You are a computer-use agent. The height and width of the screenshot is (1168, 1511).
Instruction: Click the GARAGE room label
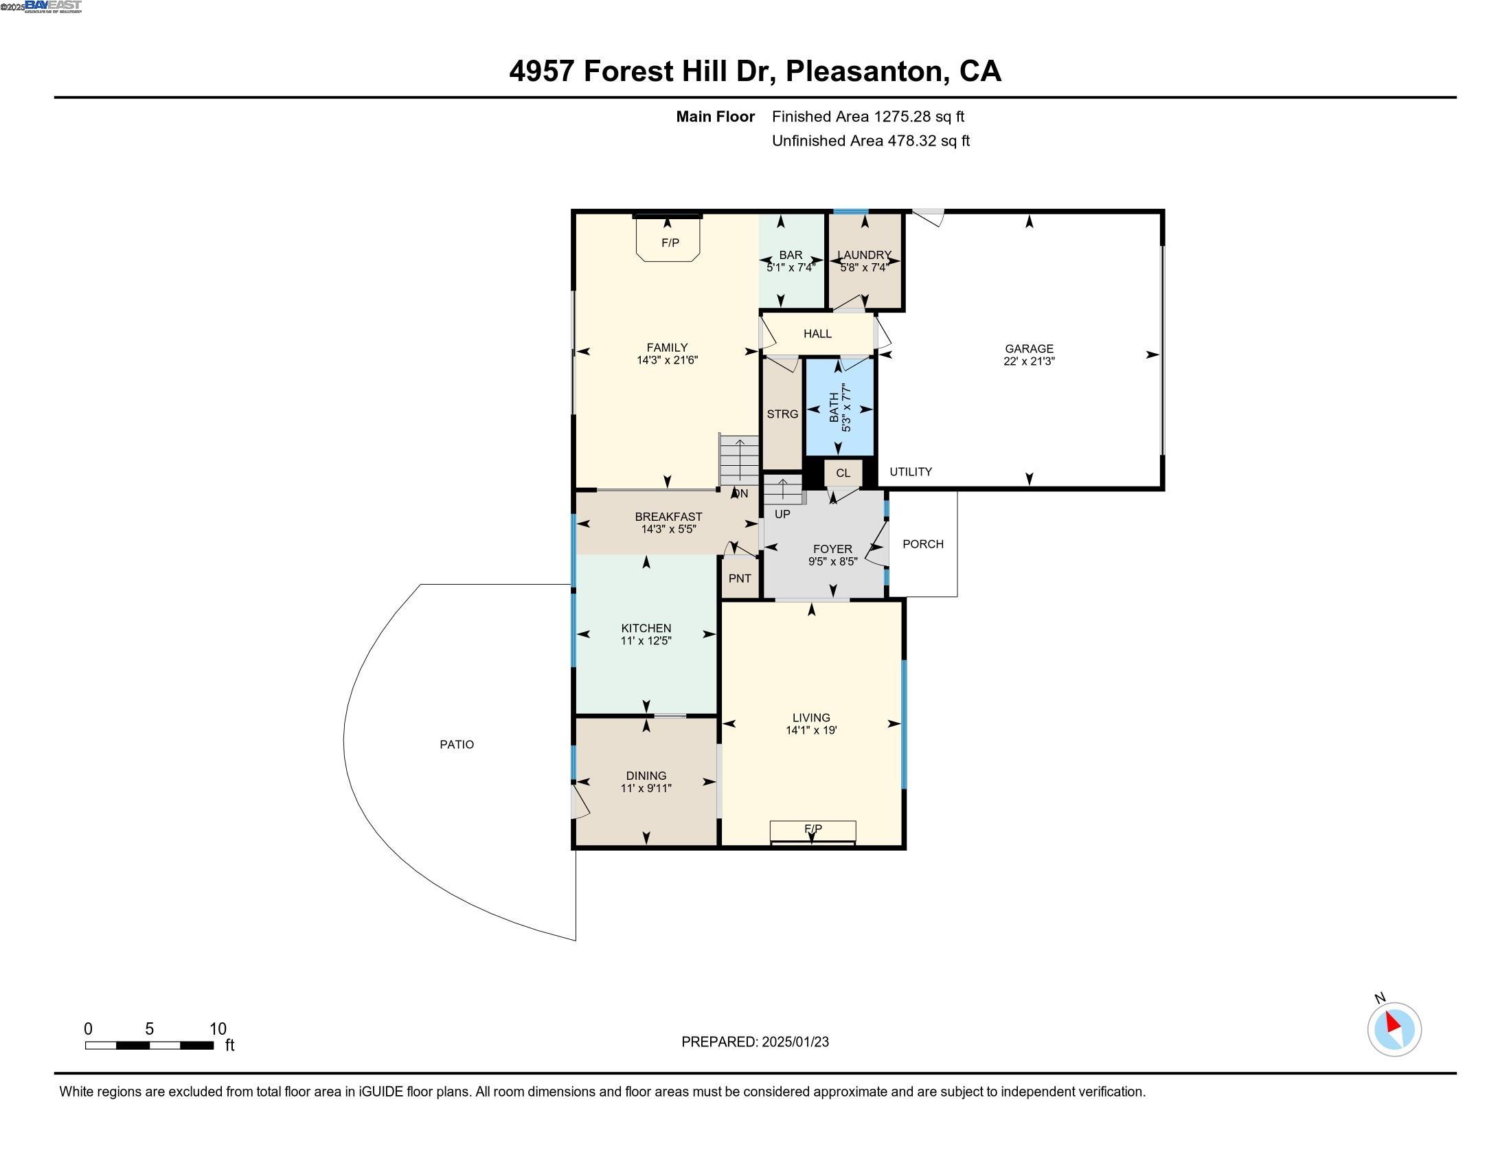[x=1029, y=349]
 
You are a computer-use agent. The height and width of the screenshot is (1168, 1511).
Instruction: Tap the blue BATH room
[x=839, y=408]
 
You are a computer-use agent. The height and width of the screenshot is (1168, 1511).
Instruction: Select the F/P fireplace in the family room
[x=669, y=242]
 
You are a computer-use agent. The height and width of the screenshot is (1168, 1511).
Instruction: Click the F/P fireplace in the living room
[x=813, y=829]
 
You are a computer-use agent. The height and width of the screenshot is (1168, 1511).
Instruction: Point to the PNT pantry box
[x=740, y=579]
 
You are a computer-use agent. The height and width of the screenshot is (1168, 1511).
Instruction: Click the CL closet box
[x=843, y=473]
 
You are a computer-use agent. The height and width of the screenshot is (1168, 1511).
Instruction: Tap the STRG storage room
[x=782, y=414]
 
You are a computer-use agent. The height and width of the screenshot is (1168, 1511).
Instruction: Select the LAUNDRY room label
[x=864, y=255]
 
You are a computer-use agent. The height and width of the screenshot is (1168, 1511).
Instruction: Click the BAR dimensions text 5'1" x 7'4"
[x=791, y=267]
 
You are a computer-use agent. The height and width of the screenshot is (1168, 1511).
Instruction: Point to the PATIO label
[x=457, y=745]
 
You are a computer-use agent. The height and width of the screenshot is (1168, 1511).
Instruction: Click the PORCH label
[x=923, y=544]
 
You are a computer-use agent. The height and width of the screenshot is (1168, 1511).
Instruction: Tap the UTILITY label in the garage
[x=911, y=472]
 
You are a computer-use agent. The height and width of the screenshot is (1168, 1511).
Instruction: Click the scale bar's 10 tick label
[x=217, y=1029]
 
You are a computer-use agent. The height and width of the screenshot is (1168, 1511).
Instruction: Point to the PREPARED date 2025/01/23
[x=794, y=1042]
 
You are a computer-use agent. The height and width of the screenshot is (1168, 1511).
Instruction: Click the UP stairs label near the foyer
[x=782, y=514]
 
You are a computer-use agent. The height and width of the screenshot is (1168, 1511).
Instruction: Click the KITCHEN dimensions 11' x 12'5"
[x=646, y=641]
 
